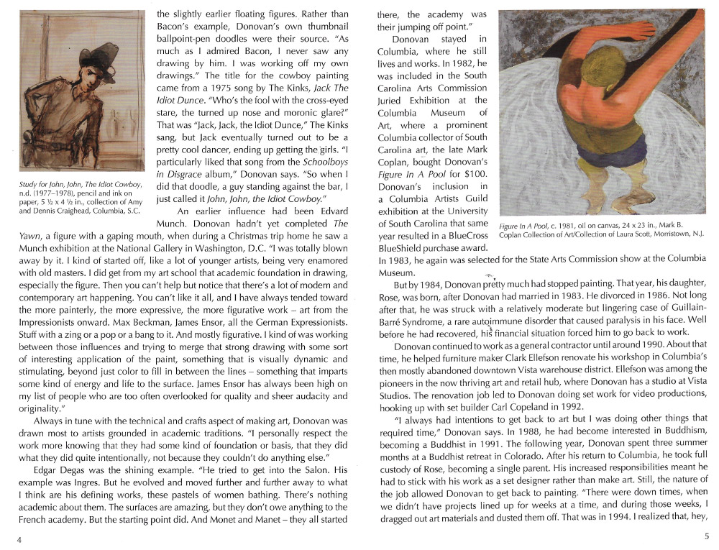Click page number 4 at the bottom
coord(19,540)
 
